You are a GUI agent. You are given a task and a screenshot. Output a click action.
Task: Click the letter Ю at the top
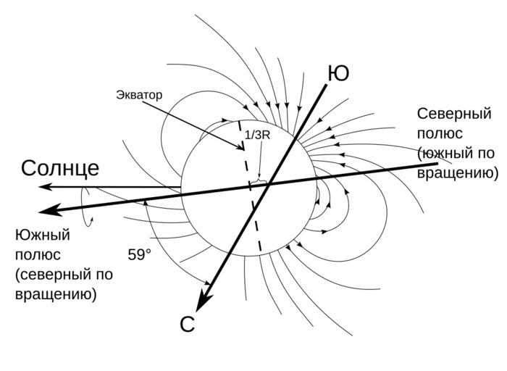click(x=338, y=74)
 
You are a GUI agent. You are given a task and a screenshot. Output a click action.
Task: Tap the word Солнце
click(x=60, y=168)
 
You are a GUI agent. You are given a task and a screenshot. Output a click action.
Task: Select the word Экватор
click(x=139, y=95)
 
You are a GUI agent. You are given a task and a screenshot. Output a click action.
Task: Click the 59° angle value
click(x=140, y=255)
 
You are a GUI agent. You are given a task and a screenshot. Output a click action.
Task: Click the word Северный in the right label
click(x=454, y=114)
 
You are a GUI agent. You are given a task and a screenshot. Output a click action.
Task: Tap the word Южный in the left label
click(x=42, y=235)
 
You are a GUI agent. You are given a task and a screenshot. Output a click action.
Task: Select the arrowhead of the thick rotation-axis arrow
click(x=47, y=211)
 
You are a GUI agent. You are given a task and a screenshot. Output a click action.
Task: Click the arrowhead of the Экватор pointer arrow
click(x=242, y=149)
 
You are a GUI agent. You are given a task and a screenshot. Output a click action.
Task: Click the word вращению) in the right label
click(x=458, y=174)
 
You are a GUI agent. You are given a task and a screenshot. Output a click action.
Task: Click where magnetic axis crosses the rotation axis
click(x=269, y=184)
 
